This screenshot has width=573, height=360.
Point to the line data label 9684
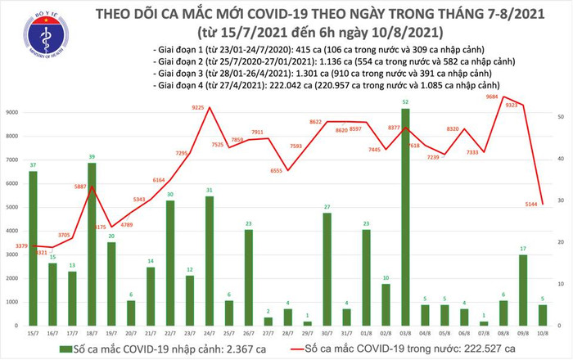pyautogui.click(x=492, y=97)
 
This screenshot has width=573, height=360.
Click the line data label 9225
pyautogui.click(x=199, y=107)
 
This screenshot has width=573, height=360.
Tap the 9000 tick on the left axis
pyautogui.click(x=14, y=112)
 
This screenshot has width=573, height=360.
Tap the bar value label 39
pyautogui.click(x=92, y=157)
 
